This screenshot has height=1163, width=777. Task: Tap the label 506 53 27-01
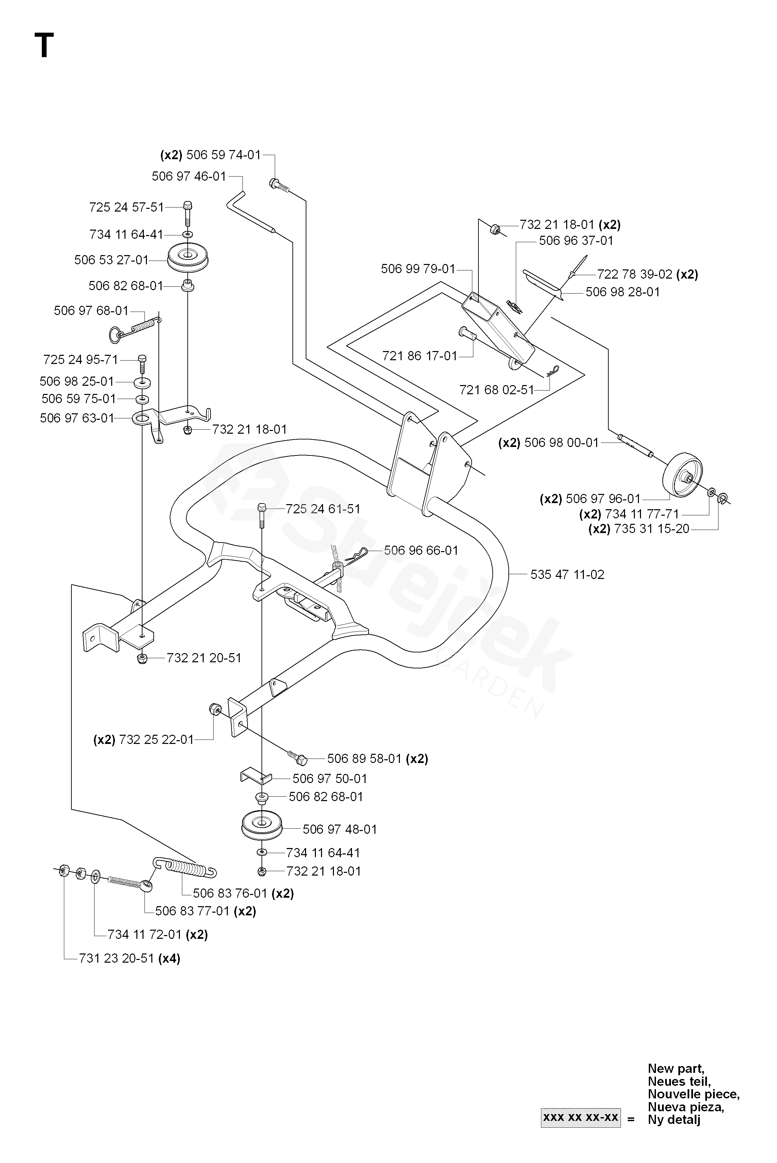(111, 260)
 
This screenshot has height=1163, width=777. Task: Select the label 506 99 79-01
(418, 269)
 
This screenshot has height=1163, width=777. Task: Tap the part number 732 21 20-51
(204, 658)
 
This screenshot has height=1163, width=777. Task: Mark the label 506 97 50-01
(330, 778)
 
